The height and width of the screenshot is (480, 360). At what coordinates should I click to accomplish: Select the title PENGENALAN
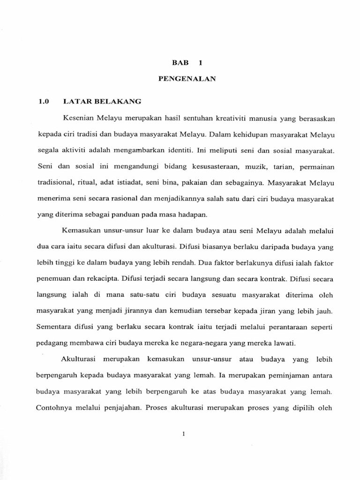click(187, 79)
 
